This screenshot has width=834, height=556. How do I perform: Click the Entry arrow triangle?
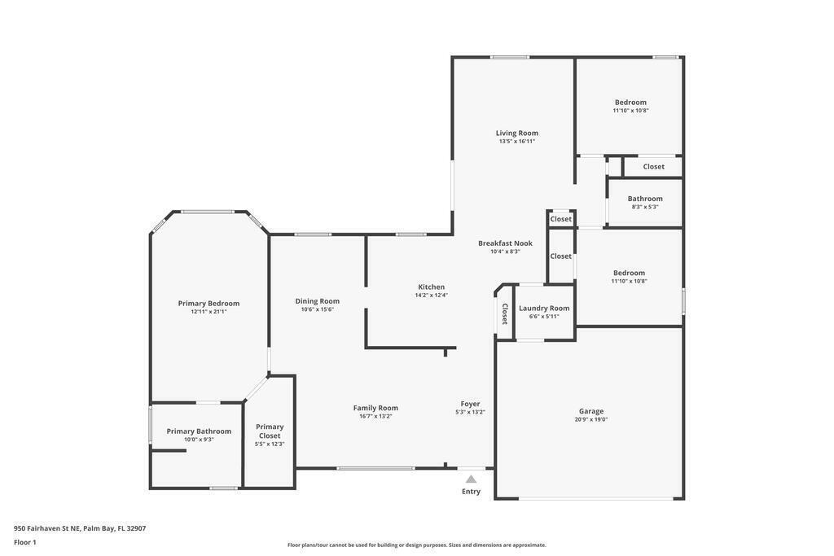(472, 479)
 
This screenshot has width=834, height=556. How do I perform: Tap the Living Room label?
(517, 133)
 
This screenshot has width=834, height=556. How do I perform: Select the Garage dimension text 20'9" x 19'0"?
(591, 419)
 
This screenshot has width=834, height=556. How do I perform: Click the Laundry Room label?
(544, 309)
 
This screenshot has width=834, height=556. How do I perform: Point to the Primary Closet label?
(270, 431)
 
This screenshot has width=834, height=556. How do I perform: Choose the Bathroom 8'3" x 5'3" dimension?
(645, 207)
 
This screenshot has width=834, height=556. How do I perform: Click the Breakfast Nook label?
(505, 243)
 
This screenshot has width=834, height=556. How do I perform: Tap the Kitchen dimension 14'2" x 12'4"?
(432, 295)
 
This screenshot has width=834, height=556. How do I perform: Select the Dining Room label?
(318, 301)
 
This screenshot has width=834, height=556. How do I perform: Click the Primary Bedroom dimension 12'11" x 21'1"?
(209, 312)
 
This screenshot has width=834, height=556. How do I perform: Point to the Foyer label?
(470, 404)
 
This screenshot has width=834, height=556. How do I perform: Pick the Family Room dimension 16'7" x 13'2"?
(375, 416)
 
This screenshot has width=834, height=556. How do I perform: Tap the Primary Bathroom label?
(199, 431)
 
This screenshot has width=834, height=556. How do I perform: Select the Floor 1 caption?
(25, 542)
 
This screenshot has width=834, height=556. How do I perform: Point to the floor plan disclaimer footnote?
(416, 545)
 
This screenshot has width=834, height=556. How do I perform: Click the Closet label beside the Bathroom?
(654, 166)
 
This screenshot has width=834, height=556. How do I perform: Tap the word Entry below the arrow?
(472, 491)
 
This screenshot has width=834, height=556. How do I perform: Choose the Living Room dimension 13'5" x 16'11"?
(517, 142)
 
